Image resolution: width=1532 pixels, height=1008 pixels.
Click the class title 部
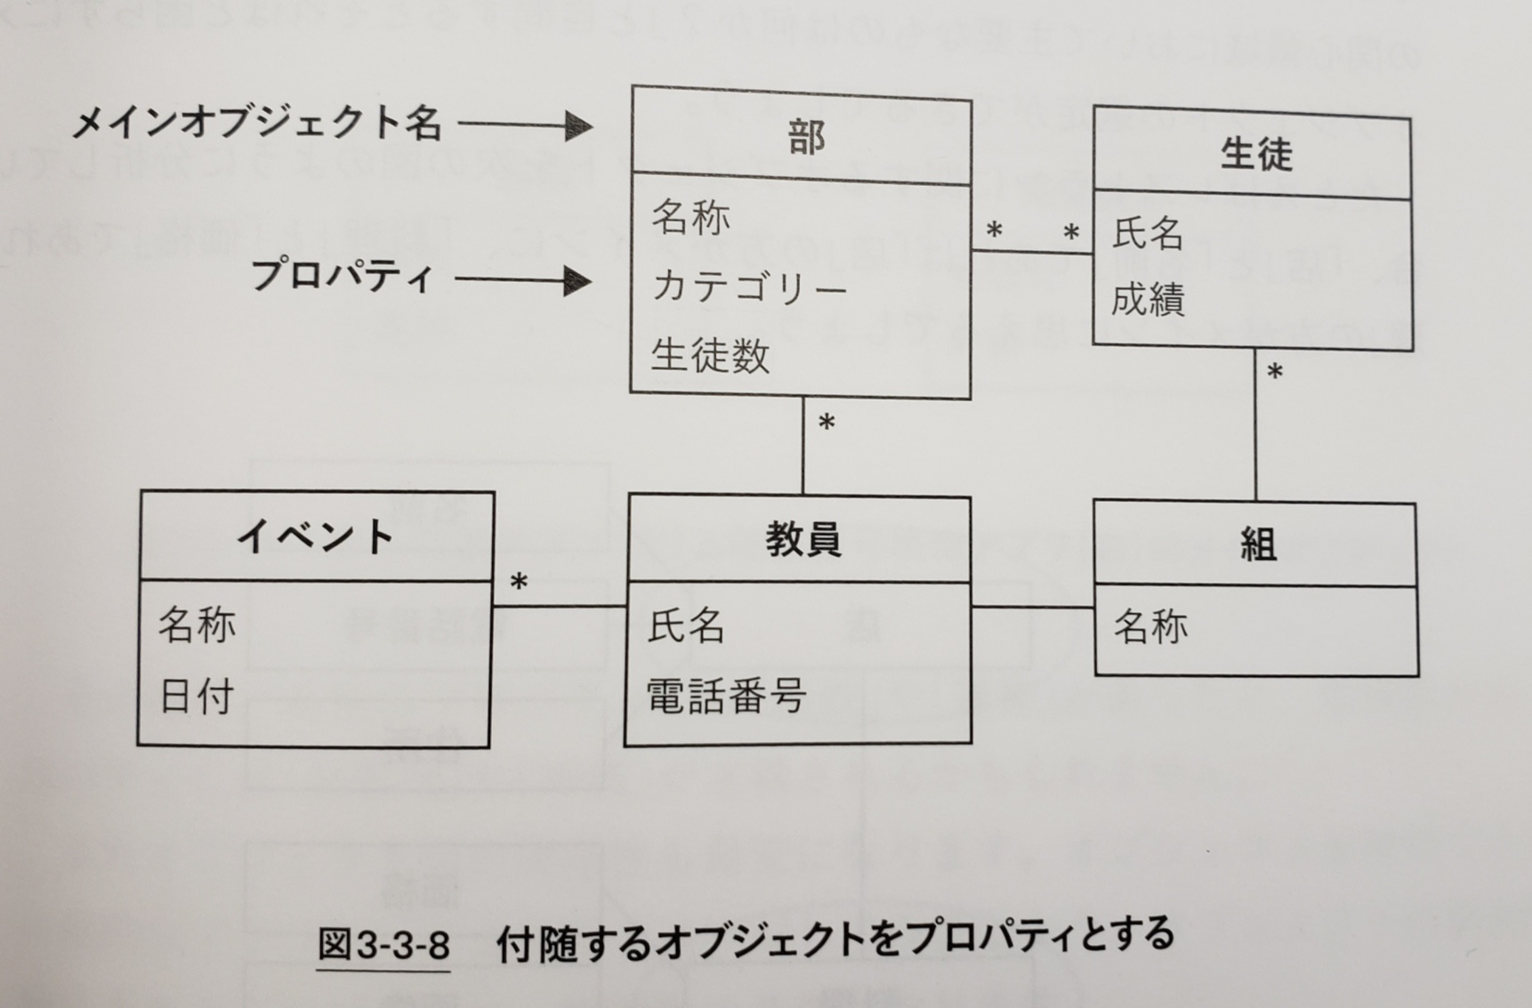806,137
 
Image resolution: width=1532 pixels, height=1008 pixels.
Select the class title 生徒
1255,154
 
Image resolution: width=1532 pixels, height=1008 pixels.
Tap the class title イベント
315,536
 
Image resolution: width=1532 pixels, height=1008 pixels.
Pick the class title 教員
802,540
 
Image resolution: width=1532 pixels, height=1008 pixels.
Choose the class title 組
1258,544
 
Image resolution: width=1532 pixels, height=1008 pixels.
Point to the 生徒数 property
710,356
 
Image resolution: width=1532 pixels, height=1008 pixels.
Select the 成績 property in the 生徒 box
1148,300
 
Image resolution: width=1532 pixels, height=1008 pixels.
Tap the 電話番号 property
726,696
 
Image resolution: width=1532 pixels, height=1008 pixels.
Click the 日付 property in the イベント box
197,696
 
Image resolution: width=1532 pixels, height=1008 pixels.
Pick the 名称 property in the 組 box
1151,627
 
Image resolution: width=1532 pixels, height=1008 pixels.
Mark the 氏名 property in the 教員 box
686,625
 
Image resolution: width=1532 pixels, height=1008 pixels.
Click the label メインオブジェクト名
256,123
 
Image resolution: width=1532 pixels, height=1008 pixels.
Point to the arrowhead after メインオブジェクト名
578,125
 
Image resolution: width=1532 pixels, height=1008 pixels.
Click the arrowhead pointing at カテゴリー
578,282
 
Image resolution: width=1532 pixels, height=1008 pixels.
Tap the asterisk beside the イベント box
519,584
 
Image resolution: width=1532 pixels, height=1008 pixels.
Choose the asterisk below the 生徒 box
1275,373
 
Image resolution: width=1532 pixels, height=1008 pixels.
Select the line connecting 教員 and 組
1032,608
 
